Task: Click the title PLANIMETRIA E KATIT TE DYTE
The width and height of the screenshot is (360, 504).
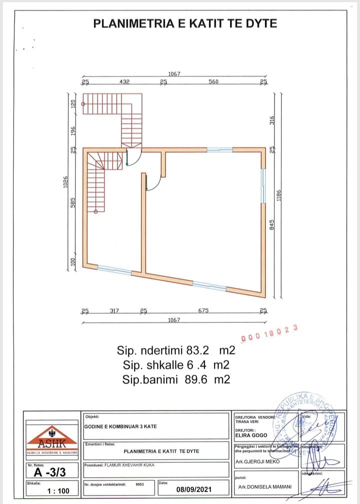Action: pos(185,23)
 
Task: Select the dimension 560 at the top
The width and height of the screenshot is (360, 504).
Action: pos(213,81)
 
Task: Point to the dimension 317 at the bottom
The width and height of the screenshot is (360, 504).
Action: pos(114,310)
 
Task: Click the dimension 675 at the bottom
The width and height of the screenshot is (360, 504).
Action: pos(203,310)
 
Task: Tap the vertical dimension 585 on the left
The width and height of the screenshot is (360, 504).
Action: pos(72,203)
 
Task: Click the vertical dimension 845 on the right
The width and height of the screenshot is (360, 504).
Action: pos(272,225)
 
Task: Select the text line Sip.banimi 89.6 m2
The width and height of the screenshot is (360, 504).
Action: pos(176,379)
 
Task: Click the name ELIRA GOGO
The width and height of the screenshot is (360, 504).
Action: pos(251,435)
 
